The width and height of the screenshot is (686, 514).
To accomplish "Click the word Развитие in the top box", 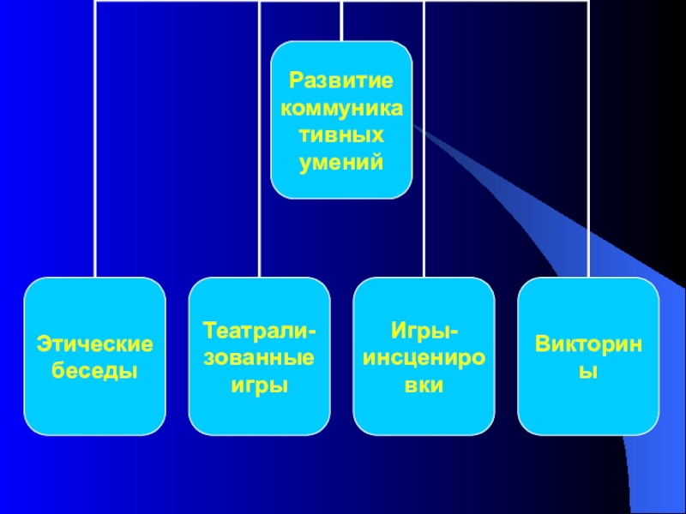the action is (x=341, y=82).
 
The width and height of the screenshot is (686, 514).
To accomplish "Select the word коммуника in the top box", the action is (x=341, y=109).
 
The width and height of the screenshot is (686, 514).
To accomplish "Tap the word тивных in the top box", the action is (x=341, y=135).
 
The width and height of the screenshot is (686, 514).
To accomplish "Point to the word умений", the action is (x=341, y=162).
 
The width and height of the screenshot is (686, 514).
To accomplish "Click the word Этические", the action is (x=94, y=344).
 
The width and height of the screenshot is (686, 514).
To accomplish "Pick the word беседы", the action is (x=94, y=371).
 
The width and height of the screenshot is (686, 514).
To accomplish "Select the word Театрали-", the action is (x=259, y=331).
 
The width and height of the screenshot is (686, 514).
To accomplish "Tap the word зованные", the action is (x=259, y=357).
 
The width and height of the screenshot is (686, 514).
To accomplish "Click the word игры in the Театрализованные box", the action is (x=259, y=385).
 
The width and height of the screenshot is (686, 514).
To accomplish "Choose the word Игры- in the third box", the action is (x=424, y=331).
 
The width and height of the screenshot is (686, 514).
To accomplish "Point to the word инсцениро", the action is (x=424, y=357).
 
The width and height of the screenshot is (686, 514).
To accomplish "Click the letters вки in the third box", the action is (x=424, y=385).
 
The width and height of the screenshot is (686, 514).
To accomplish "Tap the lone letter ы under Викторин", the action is (x=588, y=371).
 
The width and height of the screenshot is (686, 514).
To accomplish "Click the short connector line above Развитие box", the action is (x=341, y=21).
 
